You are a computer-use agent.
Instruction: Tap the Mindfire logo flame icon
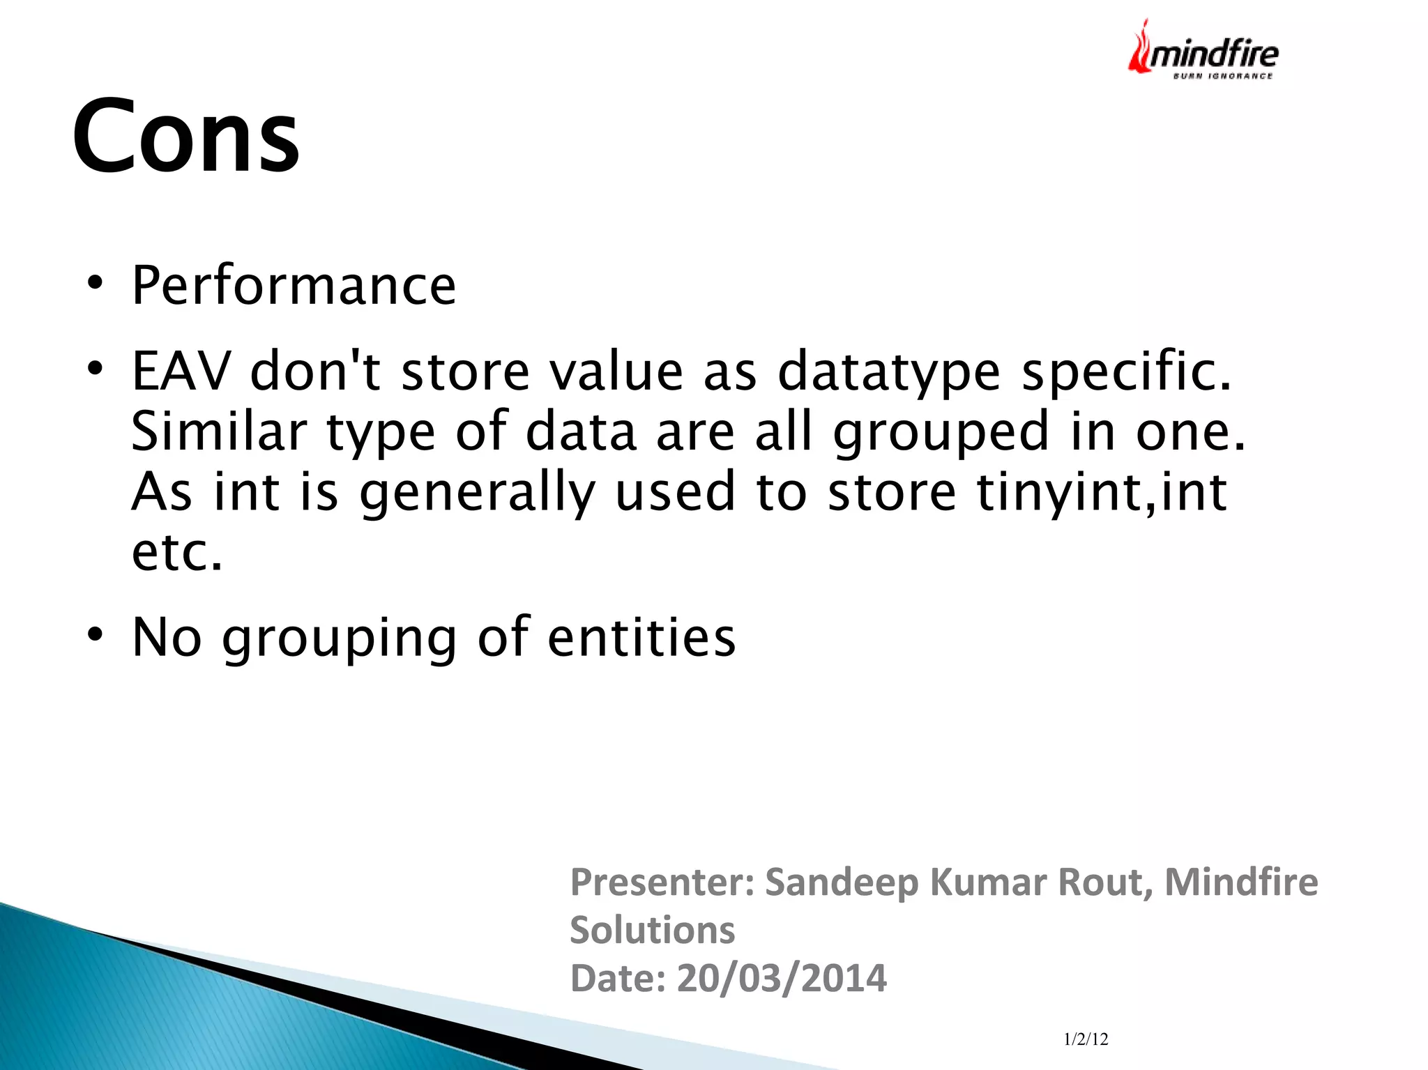(1141, 49)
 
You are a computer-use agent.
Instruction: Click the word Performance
(294, 286)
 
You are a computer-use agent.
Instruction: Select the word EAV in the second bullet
(181, 371)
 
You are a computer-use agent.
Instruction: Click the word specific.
(1126, 371)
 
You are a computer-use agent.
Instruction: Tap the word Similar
(219, 431)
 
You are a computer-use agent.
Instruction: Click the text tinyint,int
(1102, 492)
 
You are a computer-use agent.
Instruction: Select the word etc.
(177, 552)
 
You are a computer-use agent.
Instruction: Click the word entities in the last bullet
(641, 637)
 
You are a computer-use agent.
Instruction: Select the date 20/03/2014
(781, 978)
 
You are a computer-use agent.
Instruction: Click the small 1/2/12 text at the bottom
(1086, 1039)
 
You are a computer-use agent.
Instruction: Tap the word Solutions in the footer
(652, 930)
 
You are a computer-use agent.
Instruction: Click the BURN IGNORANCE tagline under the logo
(1222, 76)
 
